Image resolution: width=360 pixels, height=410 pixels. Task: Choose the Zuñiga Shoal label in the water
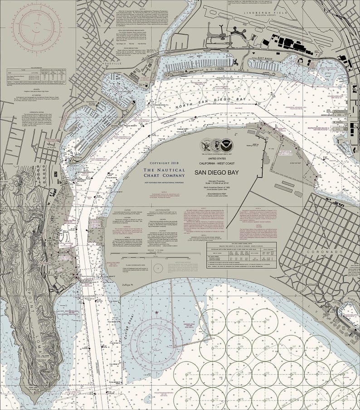[136, 324]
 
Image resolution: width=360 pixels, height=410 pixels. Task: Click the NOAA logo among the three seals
[226, 145]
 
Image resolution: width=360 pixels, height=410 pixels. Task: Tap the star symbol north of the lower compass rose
[157, 313]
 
